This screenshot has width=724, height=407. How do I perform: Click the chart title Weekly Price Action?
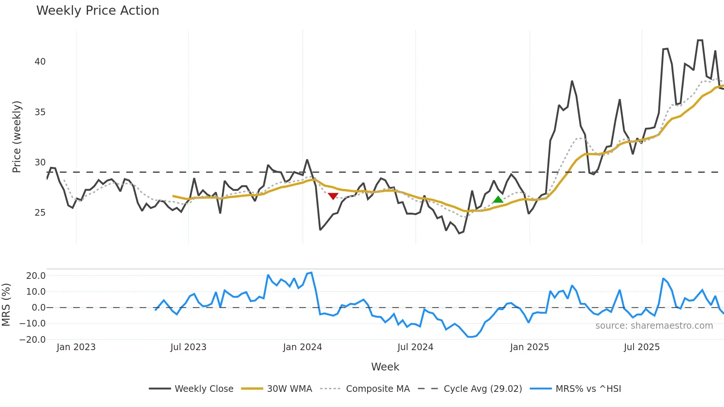coord(98,11)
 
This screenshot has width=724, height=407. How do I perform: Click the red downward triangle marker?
coord(333,196)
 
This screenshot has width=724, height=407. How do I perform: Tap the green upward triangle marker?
coord(498,200)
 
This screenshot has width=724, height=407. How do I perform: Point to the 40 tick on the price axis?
coord(40,62)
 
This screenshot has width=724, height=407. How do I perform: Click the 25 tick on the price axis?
coord(40,213)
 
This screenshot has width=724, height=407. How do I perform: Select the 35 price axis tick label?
coord(40,112)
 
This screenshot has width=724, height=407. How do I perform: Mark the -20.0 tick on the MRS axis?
coord(33,340)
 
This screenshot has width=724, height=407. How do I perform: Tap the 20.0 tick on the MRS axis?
coord(36,276)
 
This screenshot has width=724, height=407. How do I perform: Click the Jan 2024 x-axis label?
coord(303,347)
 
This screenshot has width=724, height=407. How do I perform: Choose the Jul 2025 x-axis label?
coord(642,347)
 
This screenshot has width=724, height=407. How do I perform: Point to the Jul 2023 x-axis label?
coord(188,347)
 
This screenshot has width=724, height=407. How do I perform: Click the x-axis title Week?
coord(385,367)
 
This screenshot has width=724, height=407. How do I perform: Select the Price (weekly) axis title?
coord(17,137)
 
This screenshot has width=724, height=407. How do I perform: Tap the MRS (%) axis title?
coord(6,305)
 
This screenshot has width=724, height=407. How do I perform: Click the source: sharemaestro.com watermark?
coord(654,326)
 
